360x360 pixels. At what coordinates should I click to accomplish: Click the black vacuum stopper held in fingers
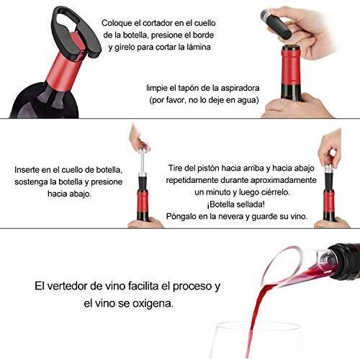tap(279, 27)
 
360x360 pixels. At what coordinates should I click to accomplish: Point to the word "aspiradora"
tap(240, 89)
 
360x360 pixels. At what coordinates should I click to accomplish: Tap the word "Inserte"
tap(27, 170)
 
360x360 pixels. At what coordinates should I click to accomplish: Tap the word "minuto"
tap(218, 192)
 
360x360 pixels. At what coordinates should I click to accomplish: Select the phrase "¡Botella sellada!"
tap(236, 204)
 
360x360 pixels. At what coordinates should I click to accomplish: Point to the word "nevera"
tap(231, 217)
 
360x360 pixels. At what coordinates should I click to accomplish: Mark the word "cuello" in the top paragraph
tap(204, 23)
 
